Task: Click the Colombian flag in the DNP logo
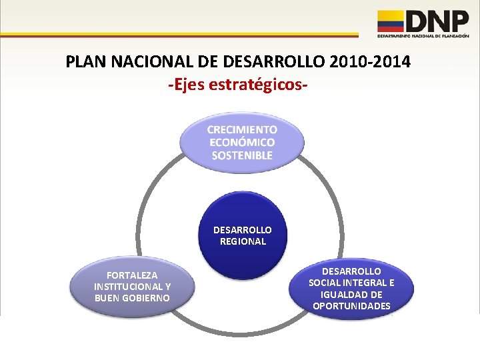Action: tap(391, 21)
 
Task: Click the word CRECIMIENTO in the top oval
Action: tap(242, 129)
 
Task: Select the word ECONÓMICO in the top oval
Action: tap(242, 142)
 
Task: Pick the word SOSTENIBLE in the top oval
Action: tap(242, 155)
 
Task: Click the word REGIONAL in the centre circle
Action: tap(243, 241)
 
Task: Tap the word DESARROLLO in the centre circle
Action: tap(243, 230)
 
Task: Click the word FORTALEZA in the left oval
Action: tap(132, 275)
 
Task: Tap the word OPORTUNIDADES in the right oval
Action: tap(351, 306)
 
